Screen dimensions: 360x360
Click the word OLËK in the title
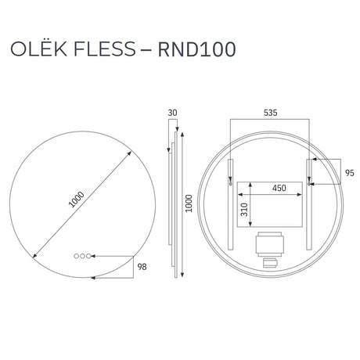[x=38, y=49]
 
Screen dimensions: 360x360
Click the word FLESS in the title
[x=105, y=49]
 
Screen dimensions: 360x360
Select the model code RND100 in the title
[x=197, y=49]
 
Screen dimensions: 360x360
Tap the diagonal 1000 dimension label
[x=77, y=200]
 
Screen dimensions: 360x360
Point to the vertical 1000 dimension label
[x=189, y=203]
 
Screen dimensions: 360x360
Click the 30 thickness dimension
[x=172, y=113]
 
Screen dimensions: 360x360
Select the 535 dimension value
[x=270, y=113]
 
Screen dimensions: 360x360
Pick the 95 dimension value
[x=350, y=173]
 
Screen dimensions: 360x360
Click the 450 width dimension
[x=279, y=188]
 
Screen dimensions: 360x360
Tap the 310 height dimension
[x=244, y=210]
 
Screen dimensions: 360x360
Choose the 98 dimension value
[x=142, y=267]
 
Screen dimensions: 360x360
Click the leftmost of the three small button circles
[x=76, y=256]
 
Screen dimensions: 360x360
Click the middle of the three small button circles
[x=82, y=256]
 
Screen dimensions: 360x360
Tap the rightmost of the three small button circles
[x=88, y=256]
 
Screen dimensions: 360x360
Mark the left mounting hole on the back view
[x=230, y=184]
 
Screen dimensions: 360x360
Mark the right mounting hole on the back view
[x=309, y=184]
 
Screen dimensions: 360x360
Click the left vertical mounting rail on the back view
[x=231, y=204]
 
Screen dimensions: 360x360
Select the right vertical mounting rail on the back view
[x=309, y=204]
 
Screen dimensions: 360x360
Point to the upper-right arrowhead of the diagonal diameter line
[x=129, y=153]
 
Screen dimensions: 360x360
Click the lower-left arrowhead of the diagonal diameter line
[x=34, y=256]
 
